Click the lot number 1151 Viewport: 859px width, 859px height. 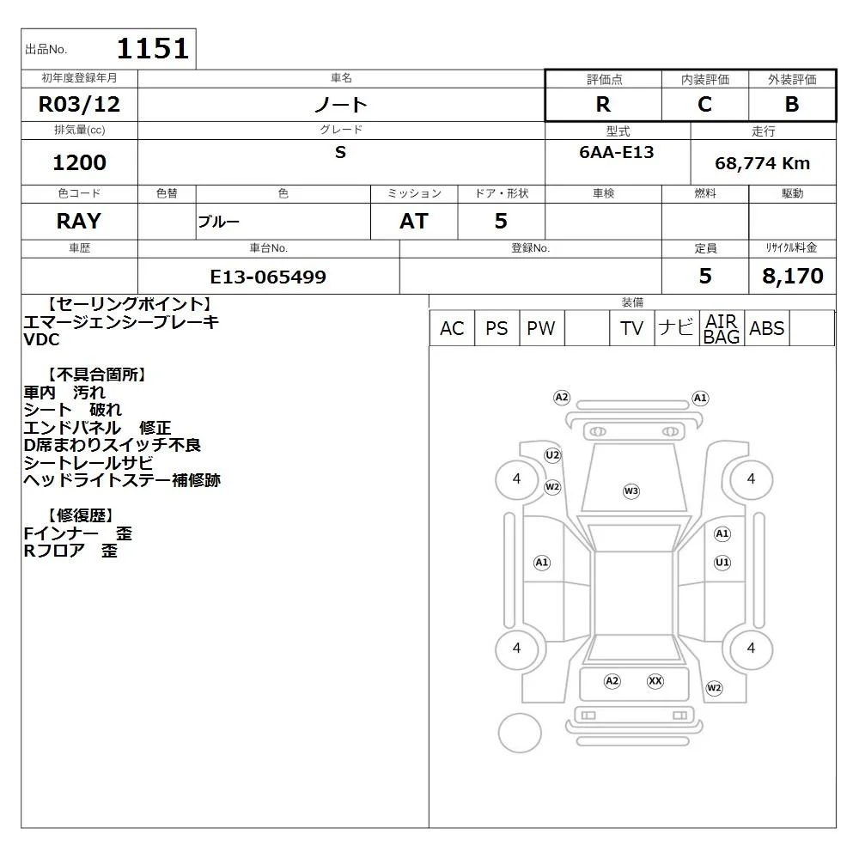153,48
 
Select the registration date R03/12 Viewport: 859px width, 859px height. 79,104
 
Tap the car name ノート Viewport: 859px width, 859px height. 341,104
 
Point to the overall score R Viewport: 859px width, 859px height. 603,104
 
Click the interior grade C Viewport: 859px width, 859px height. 705,104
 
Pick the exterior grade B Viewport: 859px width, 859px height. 792,104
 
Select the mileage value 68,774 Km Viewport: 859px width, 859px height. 763,163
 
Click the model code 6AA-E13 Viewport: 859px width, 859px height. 617,152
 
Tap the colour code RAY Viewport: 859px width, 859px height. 79,221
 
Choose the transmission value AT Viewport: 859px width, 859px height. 414,221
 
